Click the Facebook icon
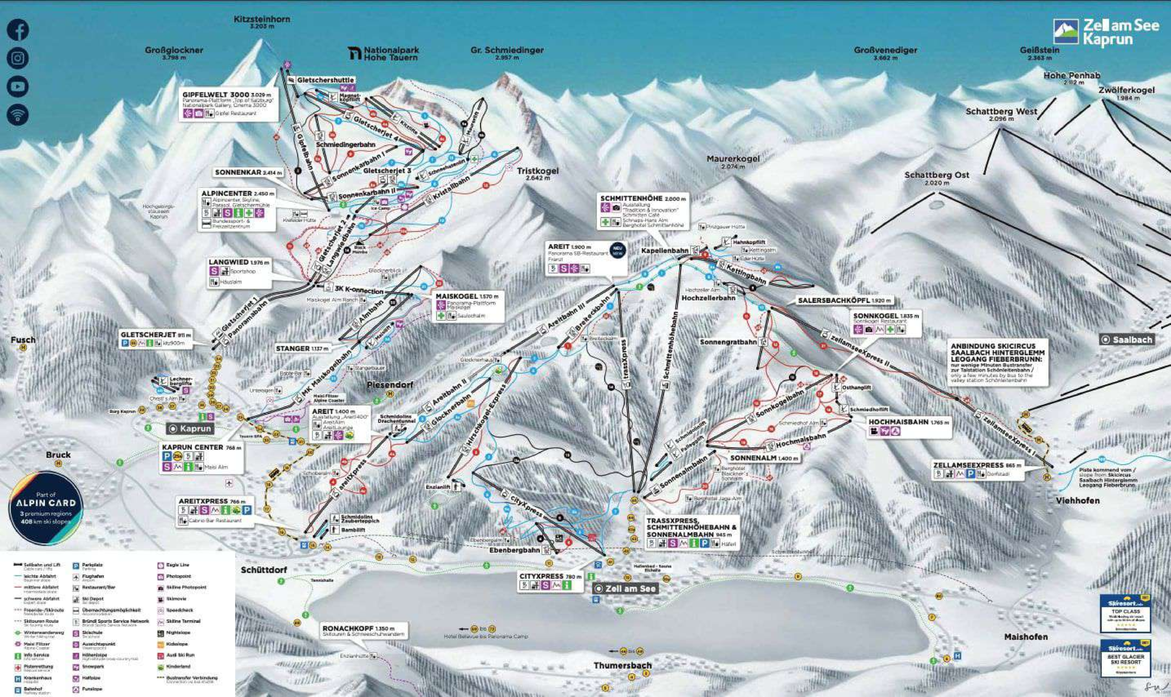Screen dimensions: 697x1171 tap(18, 30)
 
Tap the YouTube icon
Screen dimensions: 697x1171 tap(18, 86)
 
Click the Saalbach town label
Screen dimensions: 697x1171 tap(1127, 340)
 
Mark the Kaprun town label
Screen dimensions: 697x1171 tap(190, 428)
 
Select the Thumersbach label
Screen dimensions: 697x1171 tap(622, 665)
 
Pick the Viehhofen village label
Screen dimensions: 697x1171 tap(1078, 500)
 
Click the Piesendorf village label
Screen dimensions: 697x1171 tap(390, 385)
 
